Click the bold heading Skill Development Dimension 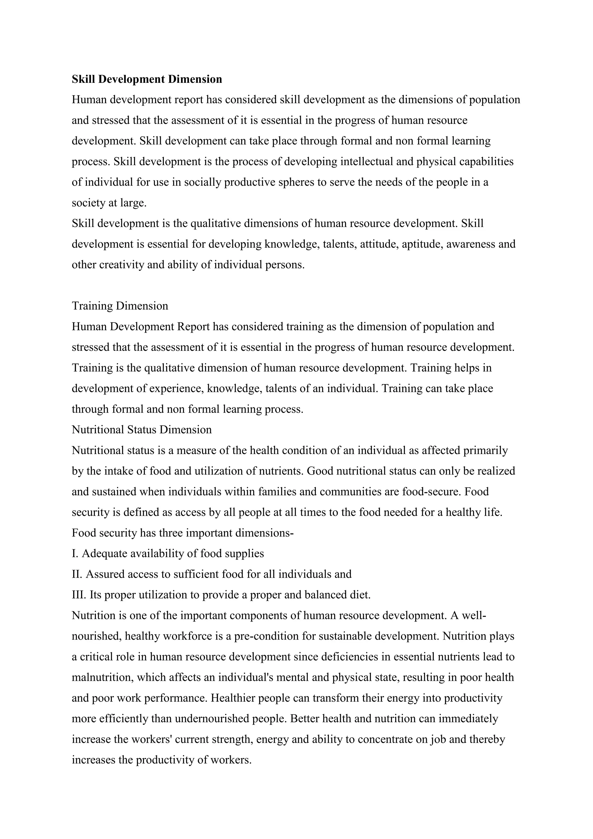147,79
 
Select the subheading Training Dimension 120,306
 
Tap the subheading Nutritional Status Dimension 142,429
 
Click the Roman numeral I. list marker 75,553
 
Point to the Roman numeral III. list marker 78,594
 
